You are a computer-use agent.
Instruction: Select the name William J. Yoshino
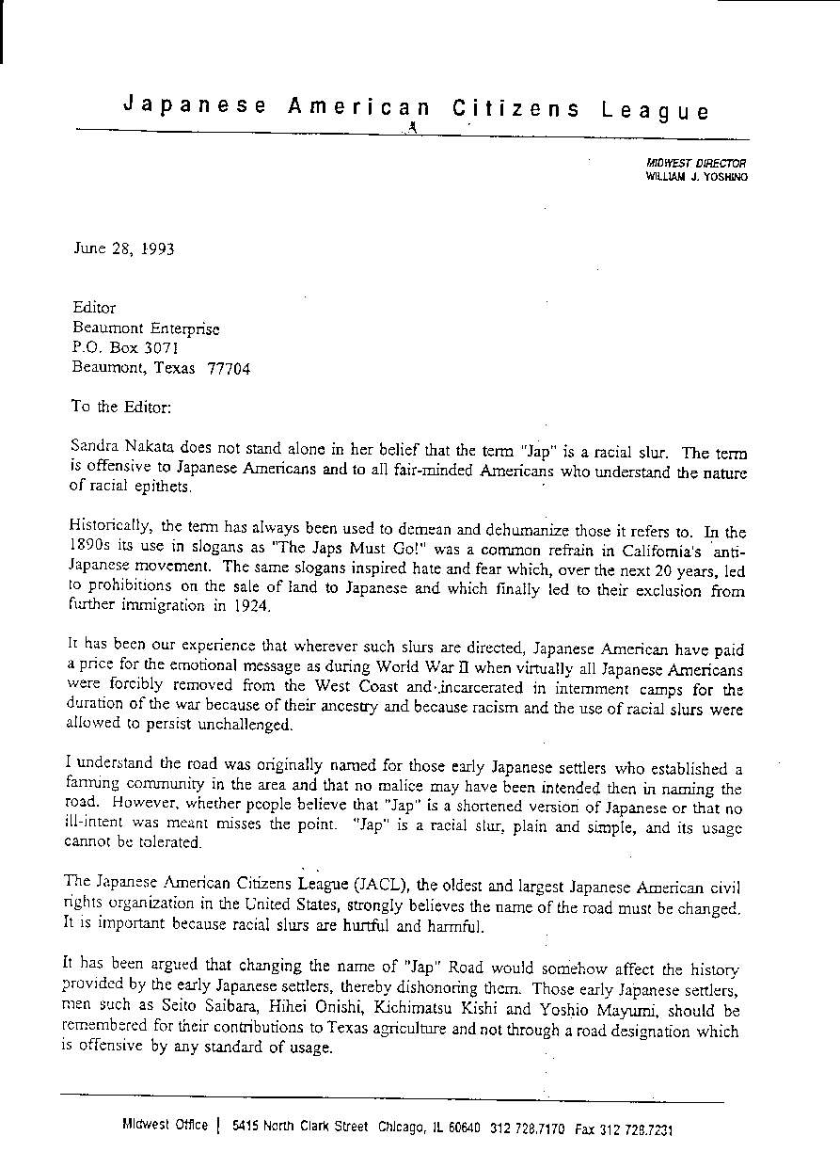[x=696, y=176]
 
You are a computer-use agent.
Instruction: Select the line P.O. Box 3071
[x=125, y=348]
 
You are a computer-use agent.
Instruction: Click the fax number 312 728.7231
[x=642, y=1128]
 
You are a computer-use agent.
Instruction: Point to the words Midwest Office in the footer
[x=165, y=1127]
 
